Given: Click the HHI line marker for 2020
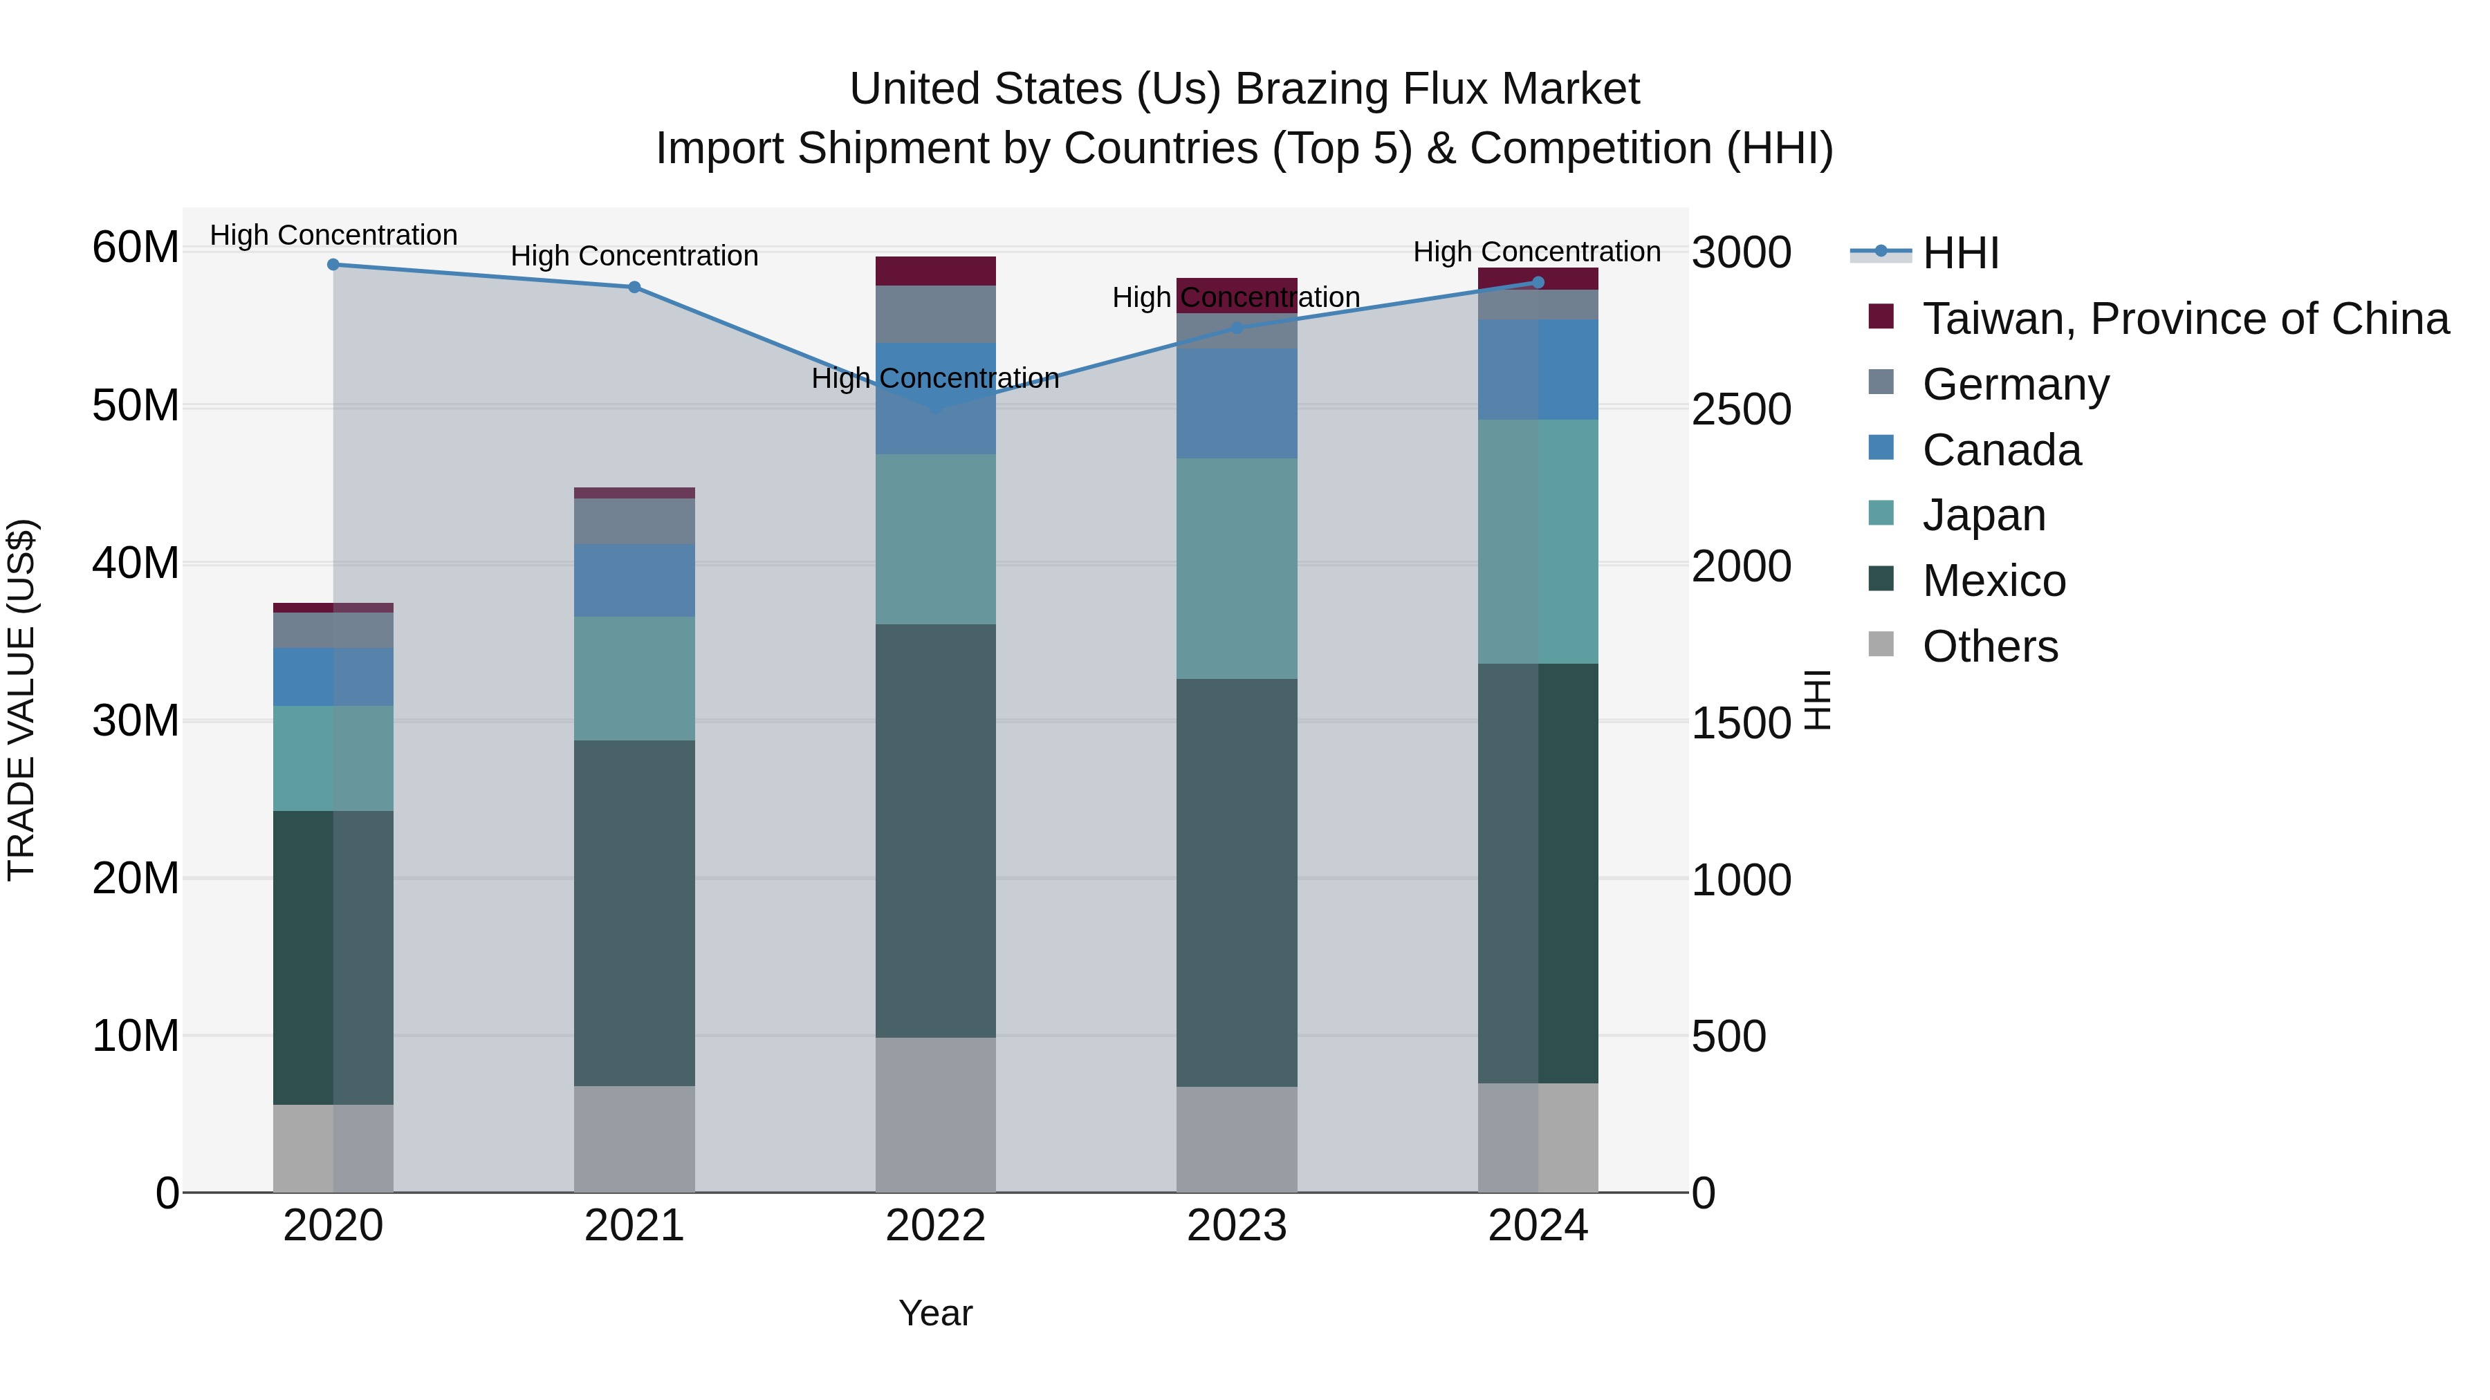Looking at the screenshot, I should [333, 265].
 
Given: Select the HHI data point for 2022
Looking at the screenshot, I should [936, 409].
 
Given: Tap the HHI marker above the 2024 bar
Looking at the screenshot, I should [1538, 283].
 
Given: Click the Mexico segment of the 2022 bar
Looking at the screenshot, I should [936, 831].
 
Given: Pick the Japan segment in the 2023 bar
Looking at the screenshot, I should [1236, 568].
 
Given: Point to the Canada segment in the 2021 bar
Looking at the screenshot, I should [634, 580].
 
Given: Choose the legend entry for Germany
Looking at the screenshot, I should [2016, 384].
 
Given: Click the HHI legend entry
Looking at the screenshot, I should [1960, 253].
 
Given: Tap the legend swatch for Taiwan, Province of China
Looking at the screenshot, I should [1881, 316].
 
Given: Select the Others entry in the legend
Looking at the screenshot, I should [1989, 646].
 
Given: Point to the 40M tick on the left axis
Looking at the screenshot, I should [136, 563].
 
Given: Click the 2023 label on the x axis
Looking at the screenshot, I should [1236, 1226].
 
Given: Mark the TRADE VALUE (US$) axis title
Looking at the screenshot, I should [21, 700].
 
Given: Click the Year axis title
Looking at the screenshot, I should [934, 1313].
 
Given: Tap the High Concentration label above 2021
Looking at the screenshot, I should [634, 256].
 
